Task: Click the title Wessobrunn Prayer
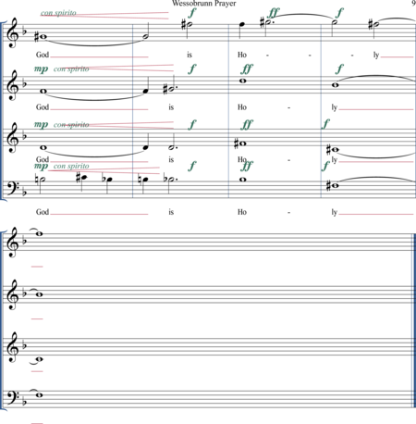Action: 204,4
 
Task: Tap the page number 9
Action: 413,4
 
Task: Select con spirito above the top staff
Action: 58,13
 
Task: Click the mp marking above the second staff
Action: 41,69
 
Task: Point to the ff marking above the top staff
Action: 274,13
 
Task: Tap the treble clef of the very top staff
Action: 13,33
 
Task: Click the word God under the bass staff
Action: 43,212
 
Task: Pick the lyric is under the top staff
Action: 190,55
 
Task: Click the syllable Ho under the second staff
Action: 242,107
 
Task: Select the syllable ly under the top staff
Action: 376,56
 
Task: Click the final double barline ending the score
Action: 414,321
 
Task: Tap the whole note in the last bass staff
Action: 39,394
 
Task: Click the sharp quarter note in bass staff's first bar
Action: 82,178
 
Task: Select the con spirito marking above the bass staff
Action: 71,166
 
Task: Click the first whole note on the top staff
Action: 42,37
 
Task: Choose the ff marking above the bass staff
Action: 248,166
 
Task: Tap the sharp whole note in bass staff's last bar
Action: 334,186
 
